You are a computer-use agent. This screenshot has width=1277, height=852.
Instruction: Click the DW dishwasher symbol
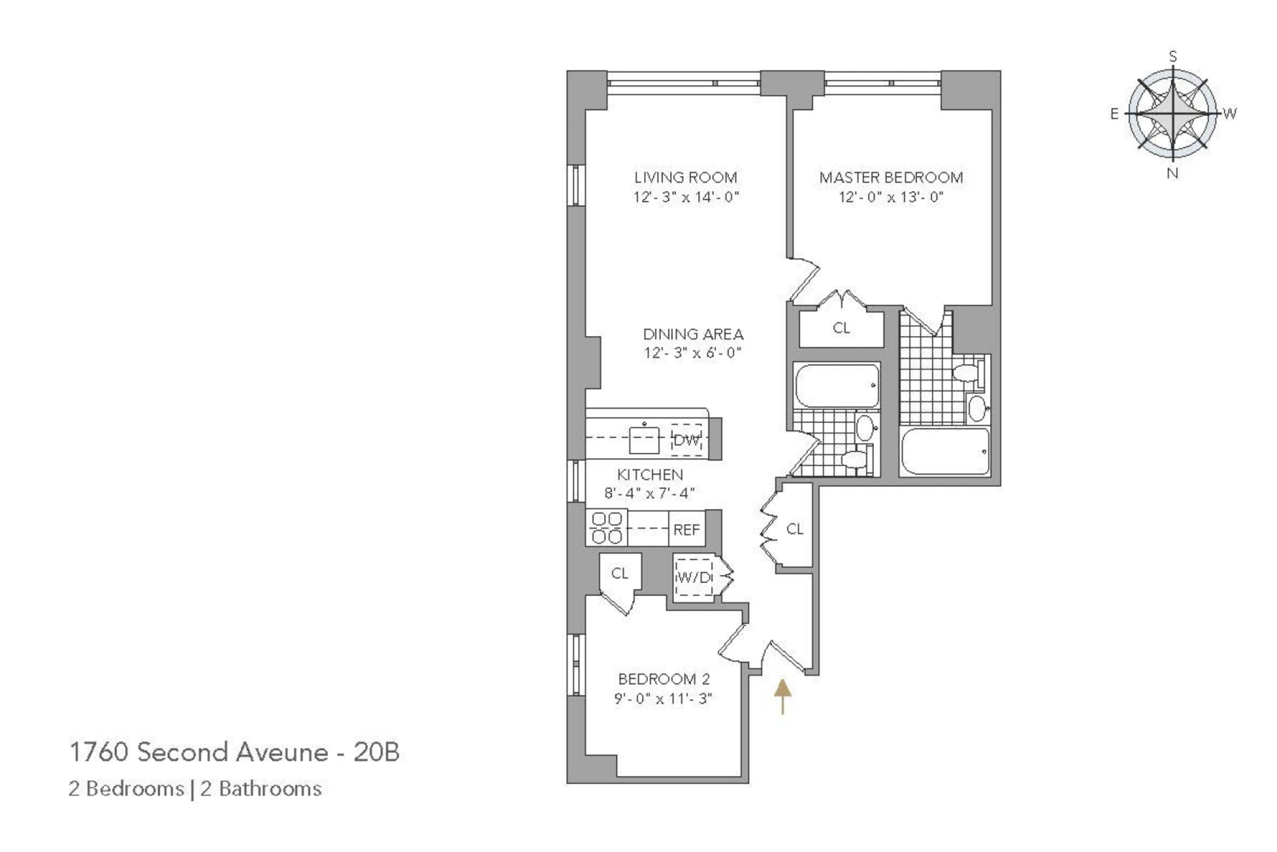point(687,440)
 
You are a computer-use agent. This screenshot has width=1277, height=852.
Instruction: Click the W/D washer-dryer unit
point(693,577)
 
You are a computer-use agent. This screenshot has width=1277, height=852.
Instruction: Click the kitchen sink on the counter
point(644,440)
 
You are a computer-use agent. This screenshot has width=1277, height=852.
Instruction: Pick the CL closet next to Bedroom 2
point(620,573)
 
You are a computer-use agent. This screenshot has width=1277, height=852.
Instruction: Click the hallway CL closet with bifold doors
point(794,529)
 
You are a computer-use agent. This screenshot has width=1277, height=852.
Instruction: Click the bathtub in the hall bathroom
point(837,385)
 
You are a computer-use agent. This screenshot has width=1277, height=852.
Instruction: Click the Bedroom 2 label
point(664,679)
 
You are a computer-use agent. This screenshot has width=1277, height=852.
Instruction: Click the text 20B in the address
point(376,752)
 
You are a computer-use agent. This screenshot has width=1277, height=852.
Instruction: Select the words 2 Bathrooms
point(261,789)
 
